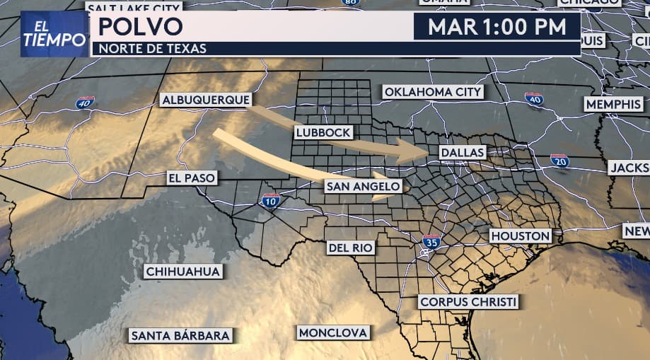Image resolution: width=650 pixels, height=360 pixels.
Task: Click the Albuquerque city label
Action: (x=206, y=100)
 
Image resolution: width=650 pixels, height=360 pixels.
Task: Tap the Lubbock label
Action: (x=323, y=132)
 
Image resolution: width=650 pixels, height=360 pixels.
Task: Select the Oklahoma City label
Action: (x=433, y=92)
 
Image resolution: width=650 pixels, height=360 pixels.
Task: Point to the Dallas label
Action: (x=462, y=152)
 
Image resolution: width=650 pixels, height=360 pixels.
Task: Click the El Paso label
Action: (x=191, y=178)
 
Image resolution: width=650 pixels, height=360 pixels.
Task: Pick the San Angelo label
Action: (x=364, y=186)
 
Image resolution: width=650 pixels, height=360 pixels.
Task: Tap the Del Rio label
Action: (x=351, y=248)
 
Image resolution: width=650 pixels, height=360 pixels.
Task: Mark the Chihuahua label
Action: (x=183, y=271)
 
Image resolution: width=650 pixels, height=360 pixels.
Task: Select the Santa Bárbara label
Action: (x=180, y=335)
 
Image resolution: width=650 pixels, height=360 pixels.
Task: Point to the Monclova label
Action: (x=333, y=332)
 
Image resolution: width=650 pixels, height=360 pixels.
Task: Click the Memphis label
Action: (x=613, y=104)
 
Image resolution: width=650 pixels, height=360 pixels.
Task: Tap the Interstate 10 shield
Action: (x=270, y=201)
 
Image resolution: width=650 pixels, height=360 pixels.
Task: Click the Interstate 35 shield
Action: (x=431, y=242)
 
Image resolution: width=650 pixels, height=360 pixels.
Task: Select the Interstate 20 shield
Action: (x=559, y=161)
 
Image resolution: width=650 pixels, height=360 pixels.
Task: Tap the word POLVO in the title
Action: (x=140, y=27)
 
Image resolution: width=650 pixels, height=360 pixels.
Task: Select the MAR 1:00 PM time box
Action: (x=497, y=27)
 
